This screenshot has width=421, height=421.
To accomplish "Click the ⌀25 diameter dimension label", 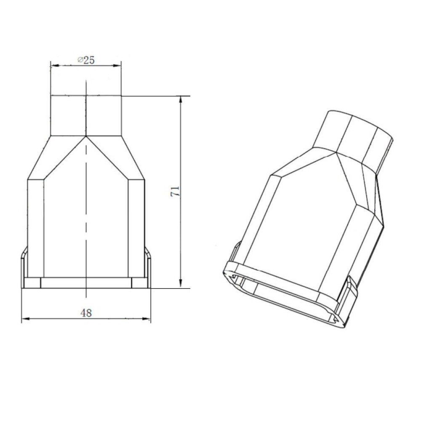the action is pyautogui.click(x=86, y=60).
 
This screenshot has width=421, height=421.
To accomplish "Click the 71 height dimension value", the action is pyautogui.click(x=175, y=192).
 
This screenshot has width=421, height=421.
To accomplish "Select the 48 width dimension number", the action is pyautogui.click(x=86, y=313).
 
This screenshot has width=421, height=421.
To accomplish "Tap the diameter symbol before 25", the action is pyautogui.click(x=80, y=60).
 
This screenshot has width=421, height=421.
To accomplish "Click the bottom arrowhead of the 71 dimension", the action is pyautogui.click(x=181, y=284).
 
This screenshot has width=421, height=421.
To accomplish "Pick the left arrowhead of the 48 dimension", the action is pyautogui.click(x=26, y=319).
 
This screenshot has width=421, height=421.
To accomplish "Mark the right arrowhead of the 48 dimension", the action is pyautogui.click(x=147, y=319).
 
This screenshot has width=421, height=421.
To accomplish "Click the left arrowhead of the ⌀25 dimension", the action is pyautogui.click(x=55, y=65).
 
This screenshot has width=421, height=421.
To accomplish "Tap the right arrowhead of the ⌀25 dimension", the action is pyautogui.click(x=117, y=65).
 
